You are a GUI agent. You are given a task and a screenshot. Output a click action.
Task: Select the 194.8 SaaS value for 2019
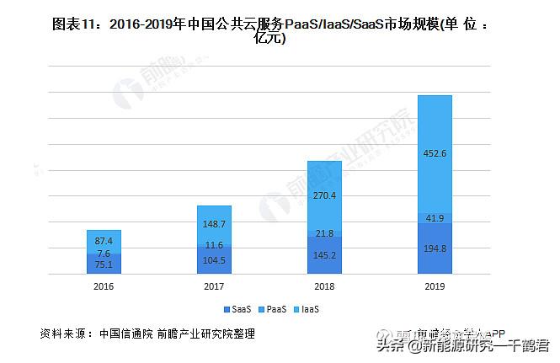[435, 248]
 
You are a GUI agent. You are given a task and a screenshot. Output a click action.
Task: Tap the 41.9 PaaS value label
[435, 218]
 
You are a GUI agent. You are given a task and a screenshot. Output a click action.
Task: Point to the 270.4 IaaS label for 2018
[324, 196]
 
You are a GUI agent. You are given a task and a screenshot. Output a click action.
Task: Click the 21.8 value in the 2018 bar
[324, 233]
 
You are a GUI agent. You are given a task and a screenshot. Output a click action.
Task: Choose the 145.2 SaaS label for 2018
[324, 254]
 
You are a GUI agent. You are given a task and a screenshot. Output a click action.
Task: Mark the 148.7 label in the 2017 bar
[214, 225]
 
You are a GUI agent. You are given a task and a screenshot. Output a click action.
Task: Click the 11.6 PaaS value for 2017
[214, 245]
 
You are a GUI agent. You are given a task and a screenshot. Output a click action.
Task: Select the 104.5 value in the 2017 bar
[214, 260]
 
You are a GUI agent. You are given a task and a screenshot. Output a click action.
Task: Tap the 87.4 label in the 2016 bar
[104, 241]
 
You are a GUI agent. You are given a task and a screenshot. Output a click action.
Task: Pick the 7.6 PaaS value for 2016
[104, 253]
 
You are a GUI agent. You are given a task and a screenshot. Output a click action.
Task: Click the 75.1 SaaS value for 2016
[104, 264]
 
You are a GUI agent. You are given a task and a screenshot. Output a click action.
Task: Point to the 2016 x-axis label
[104, 286]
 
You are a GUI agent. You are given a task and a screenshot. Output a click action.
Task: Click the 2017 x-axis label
[214, 286]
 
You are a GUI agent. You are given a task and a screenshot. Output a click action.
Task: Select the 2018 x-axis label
[324, 286]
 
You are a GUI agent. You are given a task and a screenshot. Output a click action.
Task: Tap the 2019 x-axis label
[435, 286]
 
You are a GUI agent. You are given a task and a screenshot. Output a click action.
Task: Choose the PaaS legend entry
[275, 309]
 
